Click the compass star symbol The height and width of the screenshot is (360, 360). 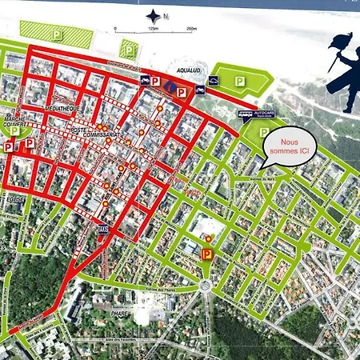pos(153,15)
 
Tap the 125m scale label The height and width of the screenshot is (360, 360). pos(152,30)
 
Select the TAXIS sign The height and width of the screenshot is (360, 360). pos(102,228)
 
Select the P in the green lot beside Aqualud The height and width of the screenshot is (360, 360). pos(240,81)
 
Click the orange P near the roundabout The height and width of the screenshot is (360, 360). pos(206,254)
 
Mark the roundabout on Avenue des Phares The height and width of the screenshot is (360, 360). pos(205,284)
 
